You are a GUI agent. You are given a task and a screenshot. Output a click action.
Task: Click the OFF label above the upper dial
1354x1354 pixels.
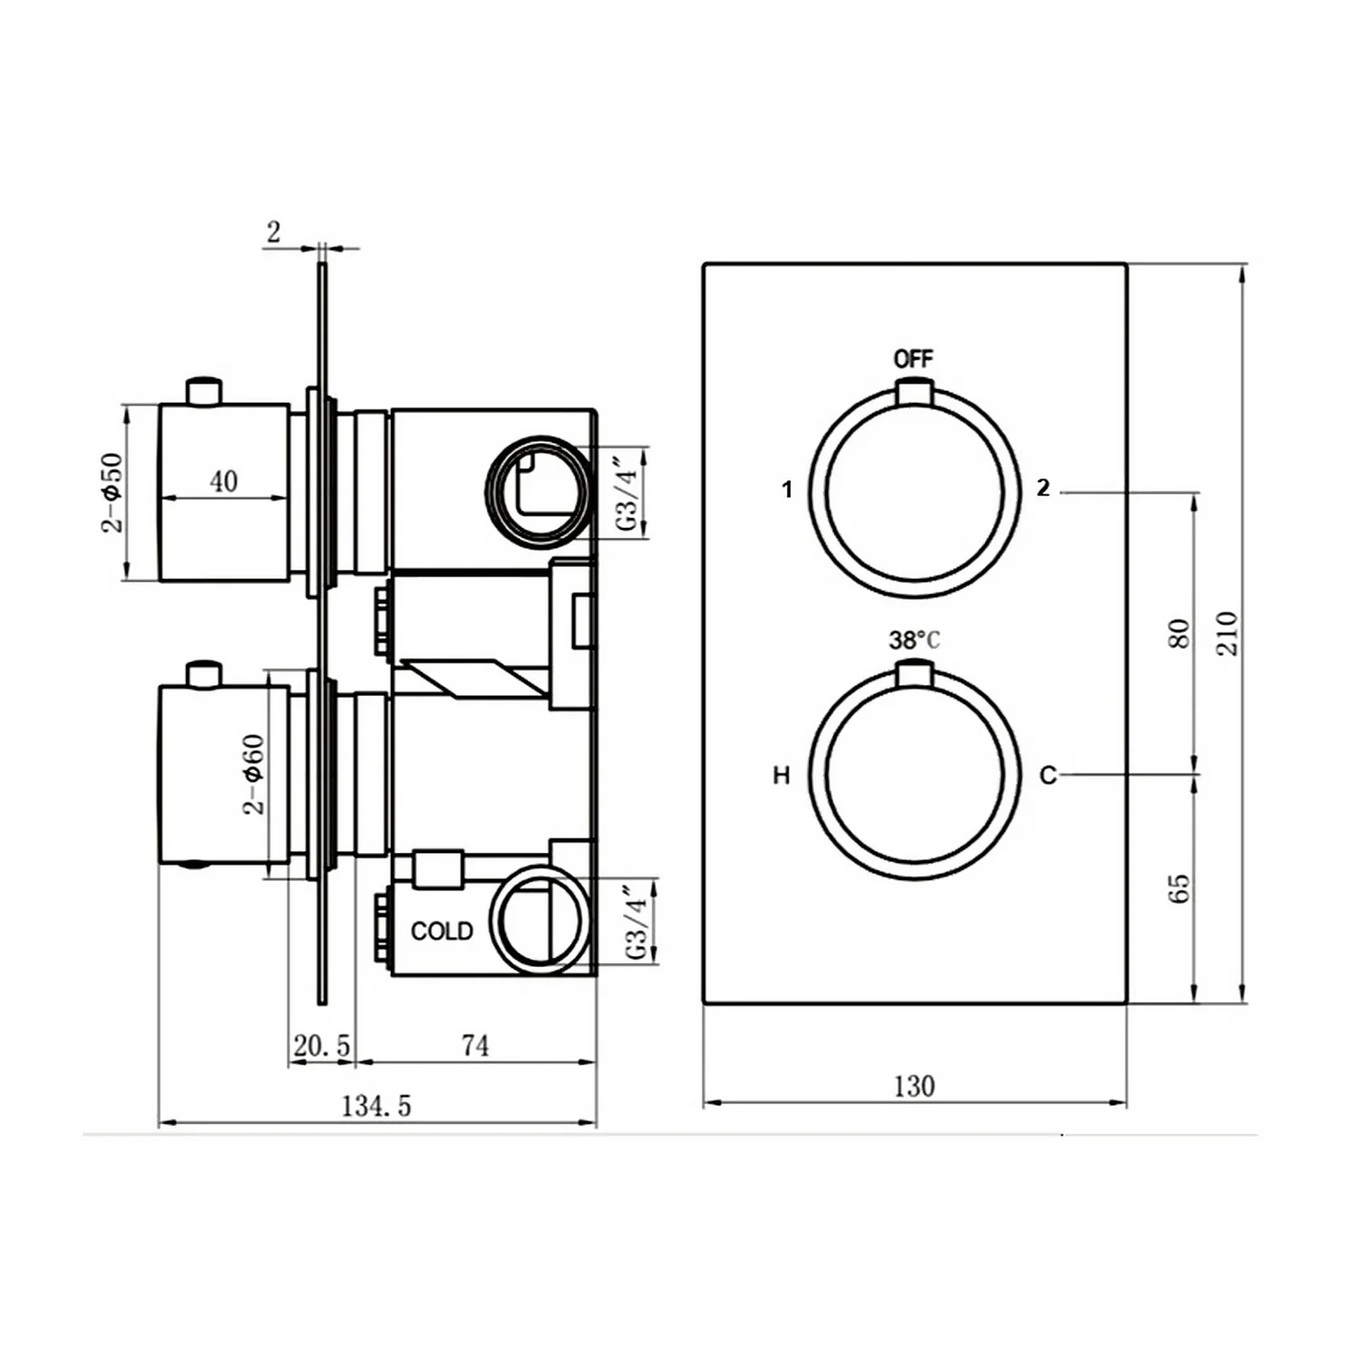click(913, 358)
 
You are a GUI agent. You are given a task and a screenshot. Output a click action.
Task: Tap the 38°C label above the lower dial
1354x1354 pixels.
click(913, 640)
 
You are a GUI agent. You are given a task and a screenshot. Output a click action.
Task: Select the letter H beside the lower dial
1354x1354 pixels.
click(782, 775)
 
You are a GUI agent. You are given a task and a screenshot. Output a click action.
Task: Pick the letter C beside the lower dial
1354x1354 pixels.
click(1047, 775)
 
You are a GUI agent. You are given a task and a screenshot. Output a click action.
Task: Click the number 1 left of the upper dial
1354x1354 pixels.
click(787, 489)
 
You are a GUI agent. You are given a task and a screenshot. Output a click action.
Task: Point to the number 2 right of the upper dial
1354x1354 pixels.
click(1043, 488)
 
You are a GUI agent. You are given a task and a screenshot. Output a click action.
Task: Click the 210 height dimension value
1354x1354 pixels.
click(1228, 633)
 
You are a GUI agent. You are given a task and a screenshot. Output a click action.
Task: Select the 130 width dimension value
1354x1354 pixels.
click(913, 1086)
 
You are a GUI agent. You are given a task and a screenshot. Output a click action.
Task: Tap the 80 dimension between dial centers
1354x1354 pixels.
click(1179, 634)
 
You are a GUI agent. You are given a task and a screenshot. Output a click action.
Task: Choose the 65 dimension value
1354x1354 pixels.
click(1179, 888)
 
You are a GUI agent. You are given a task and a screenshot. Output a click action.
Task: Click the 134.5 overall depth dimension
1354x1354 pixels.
click(376, 1106)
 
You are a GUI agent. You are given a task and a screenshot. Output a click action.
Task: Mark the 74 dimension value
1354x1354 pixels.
click(475, 1045)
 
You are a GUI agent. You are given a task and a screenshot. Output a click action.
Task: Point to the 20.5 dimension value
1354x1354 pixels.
click(321, 1046)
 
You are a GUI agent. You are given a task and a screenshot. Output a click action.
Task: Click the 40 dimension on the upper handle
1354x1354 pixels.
click(224, 481)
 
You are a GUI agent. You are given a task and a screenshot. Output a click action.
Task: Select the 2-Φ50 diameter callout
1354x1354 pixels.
click(111, 493)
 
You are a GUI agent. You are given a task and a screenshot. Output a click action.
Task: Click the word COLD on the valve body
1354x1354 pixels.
click(441, 931)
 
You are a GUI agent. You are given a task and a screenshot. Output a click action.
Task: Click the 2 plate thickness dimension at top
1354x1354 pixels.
click(274, 232)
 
